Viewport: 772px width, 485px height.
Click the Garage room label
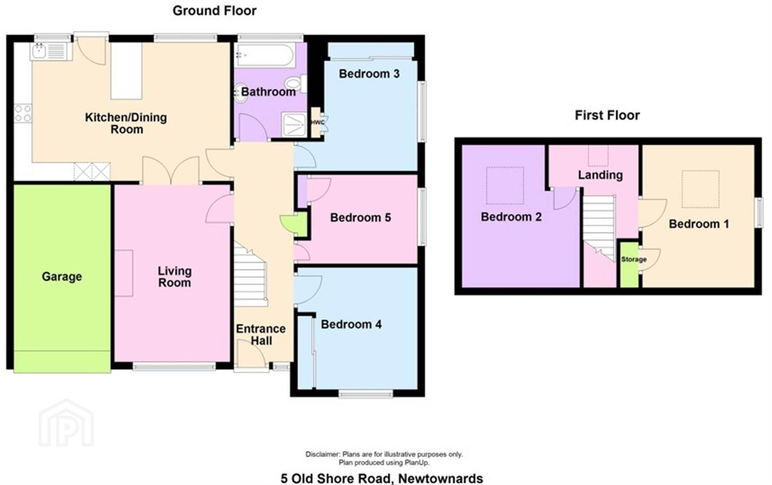click(62, 277)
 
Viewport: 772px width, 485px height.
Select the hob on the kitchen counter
click(23, 113)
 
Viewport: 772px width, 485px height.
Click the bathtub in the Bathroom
click(265, 55)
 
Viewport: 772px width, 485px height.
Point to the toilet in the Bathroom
click(296, 84)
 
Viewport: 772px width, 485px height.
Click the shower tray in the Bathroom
click(294, 124)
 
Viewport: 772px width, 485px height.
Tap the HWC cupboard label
click(318, 123)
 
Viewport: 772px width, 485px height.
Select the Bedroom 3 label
click(369, 74)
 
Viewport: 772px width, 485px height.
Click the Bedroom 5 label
click(361, 218)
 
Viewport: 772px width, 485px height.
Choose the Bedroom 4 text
click(351, 324)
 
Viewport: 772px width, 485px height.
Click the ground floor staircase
click(250, 274)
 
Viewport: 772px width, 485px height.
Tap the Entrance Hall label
click(261, 335)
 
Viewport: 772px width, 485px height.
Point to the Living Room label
click(174, 277)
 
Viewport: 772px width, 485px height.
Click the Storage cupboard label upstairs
click(634, 260)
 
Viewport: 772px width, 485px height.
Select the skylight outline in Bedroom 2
click(505, 185)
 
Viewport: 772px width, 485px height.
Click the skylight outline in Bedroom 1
click(700, 189)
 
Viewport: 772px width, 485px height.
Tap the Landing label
click(600, 175)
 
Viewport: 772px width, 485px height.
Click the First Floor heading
click(607, 115)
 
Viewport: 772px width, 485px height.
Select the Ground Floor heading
click(214, 11)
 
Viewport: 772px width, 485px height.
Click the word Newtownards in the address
click(441, 479)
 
